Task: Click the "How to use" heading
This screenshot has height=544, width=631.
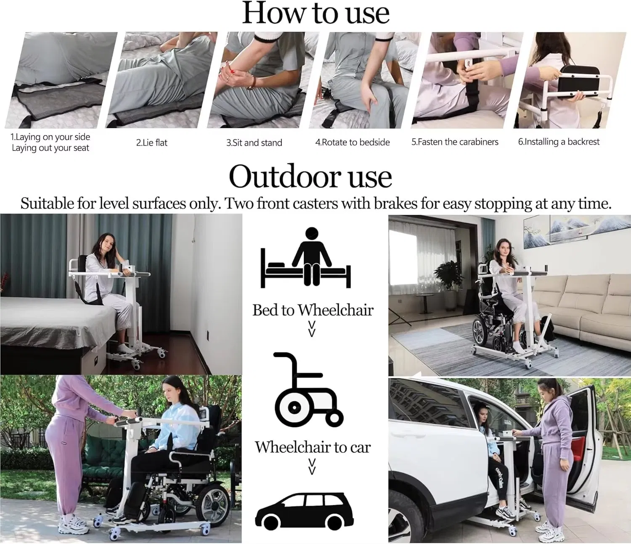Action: [x=315, y=13]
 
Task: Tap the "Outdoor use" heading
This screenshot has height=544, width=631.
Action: [x=310, y=177]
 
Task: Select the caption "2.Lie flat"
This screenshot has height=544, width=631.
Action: [x=151, y=143]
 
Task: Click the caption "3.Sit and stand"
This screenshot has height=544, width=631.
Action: [x=254, y=143]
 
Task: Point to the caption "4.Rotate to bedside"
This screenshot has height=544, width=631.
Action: [x=353, y=143]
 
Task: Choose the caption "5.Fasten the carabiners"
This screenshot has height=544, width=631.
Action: [x=455, y=142]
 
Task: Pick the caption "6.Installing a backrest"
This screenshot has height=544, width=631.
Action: [x=559, y=142]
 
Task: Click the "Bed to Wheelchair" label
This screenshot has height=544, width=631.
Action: [x=313, y=310]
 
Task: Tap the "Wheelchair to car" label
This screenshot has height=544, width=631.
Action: [x=313, y=447]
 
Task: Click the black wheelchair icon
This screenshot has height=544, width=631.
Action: [x=307, y=391]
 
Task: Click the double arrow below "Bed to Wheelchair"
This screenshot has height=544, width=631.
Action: [x=312, y=329]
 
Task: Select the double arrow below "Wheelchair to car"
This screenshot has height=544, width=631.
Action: [x=312, y=466]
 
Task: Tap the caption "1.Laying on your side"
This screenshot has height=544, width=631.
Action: [x=50, y=137]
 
